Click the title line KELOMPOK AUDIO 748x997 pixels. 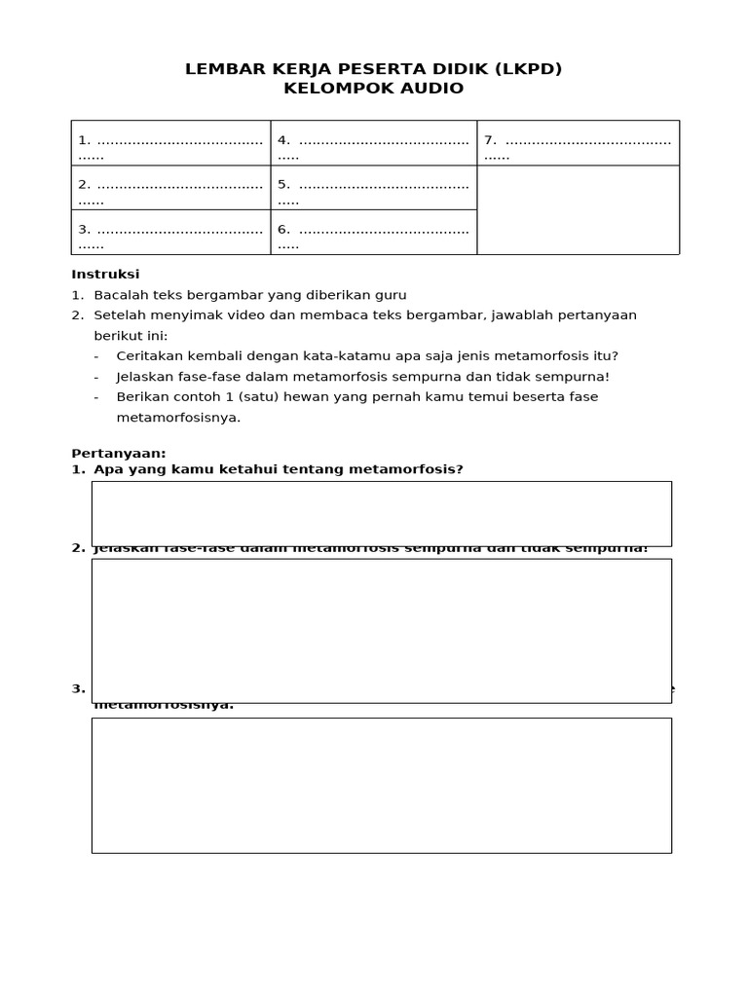point(373,89)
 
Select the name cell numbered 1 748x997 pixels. point(170,143)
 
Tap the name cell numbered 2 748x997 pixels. point(170,187)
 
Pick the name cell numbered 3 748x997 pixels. point(170,232)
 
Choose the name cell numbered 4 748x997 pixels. point(373,143)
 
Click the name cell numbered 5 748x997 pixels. point(373,187)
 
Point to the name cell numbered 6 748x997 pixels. point(373,232)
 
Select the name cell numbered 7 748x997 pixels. point(578,143)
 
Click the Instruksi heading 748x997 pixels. point(105,275)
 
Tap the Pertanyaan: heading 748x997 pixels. point(119,453)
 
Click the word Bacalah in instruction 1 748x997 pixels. point(119,295)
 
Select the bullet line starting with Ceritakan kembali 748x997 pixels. point(366,356)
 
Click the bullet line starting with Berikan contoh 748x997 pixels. point(356,397)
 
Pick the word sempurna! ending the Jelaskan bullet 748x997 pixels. point(575,377)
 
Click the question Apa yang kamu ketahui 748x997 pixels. point(278,469)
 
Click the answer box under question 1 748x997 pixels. point(381,513)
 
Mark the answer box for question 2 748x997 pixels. point(381,630)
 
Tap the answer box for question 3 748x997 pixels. point(381,785)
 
